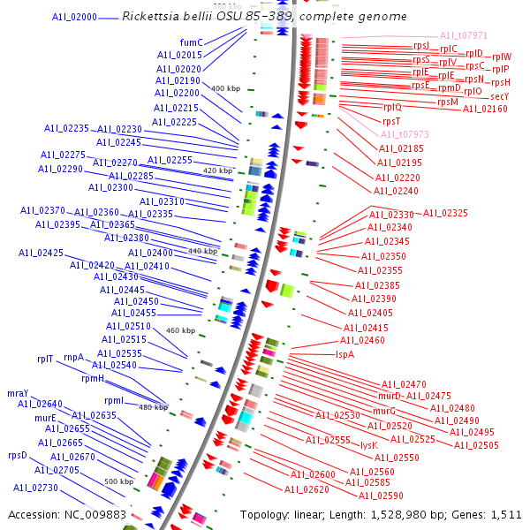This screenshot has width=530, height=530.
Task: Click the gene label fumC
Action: tap(191, 42)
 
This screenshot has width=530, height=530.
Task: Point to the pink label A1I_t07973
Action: tap(405, 134)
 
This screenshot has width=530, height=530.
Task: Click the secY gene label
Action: tap(499, 96)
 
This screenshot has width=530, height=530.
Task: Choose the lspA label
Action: tap(344, 354)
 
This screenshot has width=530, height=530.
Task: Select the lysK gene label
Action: tap(369, 445)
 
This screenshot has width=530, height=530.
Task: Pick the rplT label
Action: tap(45, 359)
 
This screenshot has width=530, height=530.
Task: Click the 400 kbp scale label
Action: tap(225, 88)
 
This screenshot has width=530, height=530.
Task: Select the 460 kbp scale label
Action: tap(180, 330)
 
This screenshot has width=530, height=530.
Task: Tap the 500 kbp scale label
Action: tap(118, 481)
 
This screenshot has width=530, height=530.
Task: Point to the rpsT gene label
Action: tap(391, 121)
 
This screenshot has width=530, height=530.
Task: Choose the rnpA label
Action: tap(73, 357)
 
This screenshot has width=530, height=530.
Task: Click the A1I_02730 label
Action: tap(35, 488)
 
